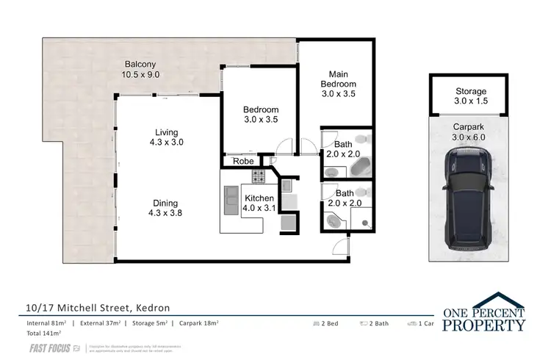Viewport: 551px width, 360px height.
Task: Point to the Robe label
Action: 243,161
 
